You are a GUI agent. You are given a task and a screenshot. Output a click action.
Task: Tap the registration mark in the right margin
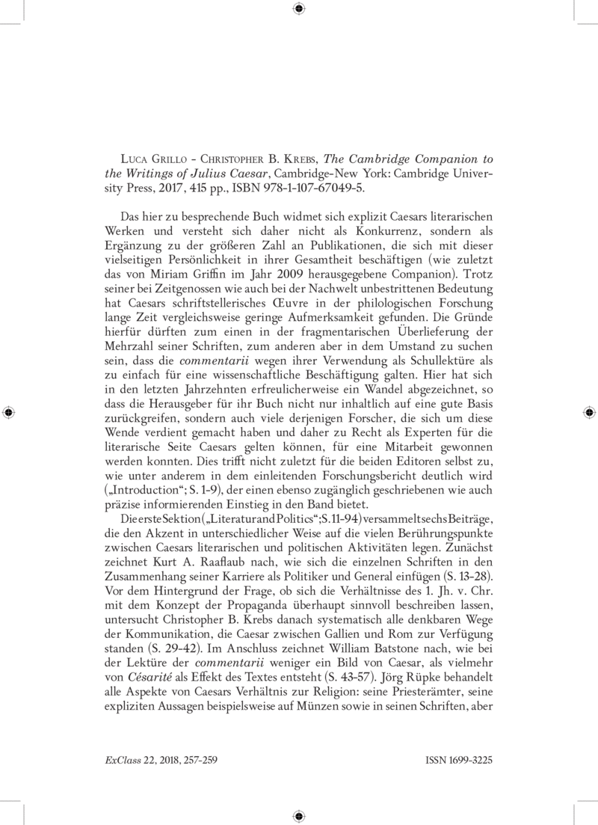click(x=590, y=412)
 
